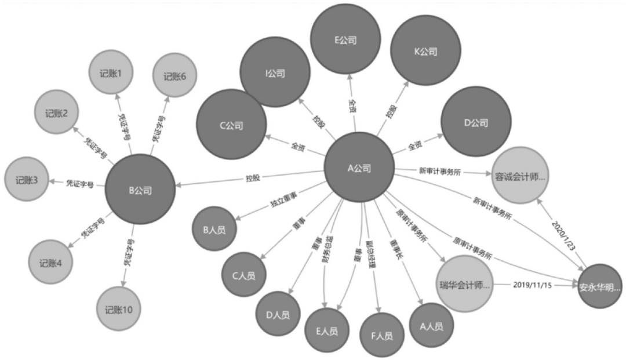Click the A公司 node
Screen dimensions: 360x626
pos(359,168)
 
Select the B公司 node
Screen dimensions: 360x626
pos(140,189)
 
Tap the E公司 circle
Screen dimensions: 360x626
pos(345,40)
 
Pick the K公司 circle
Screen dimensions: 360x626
pos(425,52)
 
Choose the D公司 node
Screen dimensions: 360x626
pos(476,123)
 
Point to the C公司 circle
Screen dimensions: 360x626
pos(231,125)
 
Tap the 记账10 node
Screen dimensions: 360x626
pos(119,310)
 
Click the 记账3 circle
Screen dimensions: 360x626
pos(27,180)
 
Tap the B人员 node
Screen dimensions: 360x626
pos(214,230)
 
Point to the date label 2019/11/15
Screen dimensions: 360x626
pos(533,285)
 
